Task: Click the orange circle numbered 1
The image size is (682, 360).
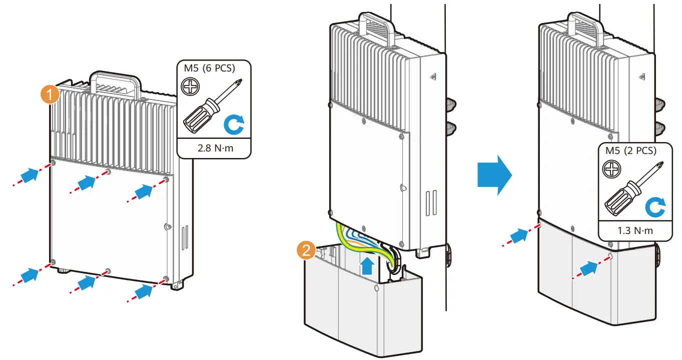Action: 50,94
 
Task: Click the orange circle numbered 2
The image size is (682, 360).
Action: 306,250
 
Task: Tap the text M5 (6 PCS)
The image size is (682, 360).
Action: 210,68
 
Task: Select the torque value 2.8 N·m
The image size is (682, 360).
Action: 215,148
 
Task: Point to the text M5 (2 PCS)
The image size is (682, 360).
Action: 631,151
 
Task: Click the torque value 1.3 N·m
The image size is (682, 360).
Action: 635,230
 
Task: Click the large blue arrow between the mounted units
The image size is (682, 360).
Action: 495,175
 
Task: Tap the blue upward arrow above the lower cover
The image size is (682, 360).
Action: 367,265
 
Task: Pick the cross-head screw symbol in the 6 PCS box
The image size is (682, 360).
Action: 190,86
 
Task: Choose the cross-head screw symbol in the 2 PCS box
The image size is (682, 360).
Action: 611,169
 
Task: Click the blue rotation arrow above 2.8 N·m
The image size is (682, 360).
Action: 234,124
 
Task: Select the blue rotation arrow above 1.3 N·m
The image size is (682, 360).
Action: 655,207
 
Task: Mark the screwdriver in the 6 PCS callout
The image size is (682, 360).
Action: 212,106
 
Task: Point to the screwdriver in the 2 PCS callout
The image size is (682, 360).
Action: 634,188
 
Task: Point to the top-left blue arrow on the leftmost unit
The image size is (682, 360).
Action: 30,175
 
